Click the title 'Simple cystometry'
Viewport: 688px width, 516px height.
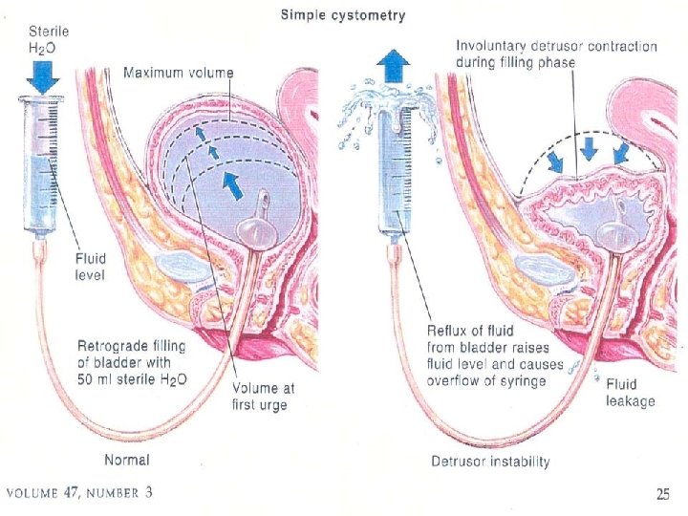342,15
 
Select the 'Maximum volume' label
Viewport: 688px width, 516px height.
179,73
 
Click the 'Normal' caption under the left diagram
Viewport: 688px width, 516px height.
126,461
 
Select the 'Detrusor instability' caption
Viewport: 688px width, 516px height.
490,462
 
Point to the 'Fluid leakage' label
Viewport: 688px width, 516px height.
630,393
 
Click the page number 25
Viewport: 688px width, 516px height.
662,494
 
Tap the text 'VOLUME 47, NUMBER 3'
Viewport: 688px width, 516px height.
79,494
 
